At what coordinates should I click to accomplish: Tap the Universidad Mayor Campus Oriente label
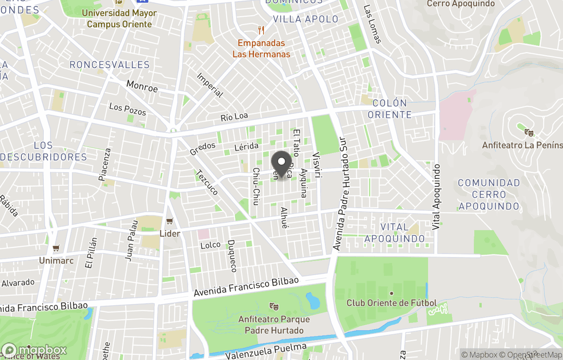[119, 18]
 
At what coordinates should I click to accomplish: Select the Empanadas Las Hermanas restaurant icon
[261, 31]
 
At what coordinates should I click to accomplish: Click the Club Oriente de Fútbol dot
[391, 293]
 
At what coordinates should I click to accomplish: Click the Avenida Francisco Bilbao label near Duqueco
[246, 287]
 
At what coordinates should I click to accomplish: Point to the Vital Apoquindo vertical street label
[437, 198]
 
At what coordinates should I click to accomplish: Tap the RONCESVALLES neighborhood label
[109, 65]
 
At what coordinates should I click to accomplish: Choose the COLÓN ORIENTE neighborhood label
[389, 109]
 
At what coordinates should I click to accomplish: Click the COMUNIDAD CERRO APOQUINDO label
[488, 195]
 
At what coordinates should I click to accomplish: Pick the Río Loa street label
[234, 116]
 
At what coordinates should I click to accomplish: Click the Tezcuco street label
[206, 183]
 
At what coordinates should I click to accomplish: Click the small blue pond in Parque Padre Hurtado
[313, 300]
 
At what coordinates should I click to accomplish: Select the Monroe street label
[142, 87]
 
